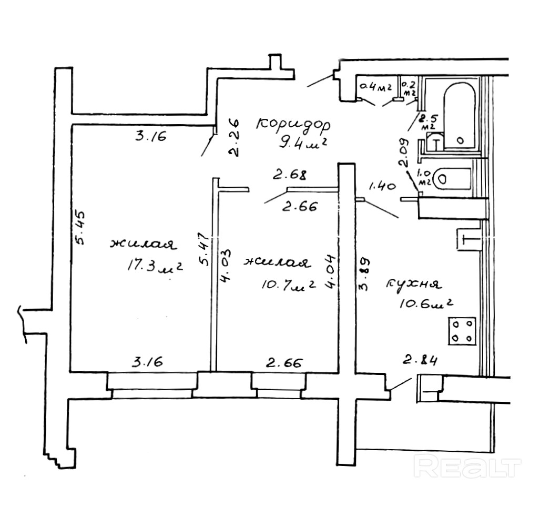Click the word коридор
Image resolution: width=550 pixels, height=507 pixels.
tap(293, 126)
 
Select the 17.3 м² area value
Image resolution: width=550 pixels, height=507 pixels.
tap(153, 266)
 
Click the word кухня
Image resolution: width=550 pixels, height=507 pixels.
tap(413, 284)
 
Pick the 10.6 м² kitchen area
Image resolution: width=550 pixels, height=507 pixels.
tap(426, 304)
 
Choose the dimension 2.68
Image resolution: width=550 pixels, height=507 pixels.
tap(289, 173)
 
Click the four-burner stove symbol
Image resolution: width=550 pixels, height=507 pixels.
tap(462, 331)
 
